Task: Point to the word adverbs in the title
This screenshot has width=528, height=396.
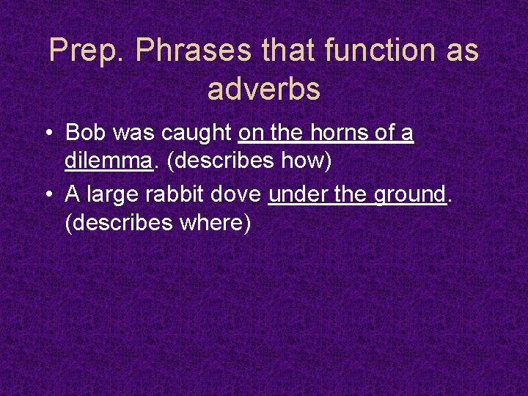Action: [264, 89]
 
